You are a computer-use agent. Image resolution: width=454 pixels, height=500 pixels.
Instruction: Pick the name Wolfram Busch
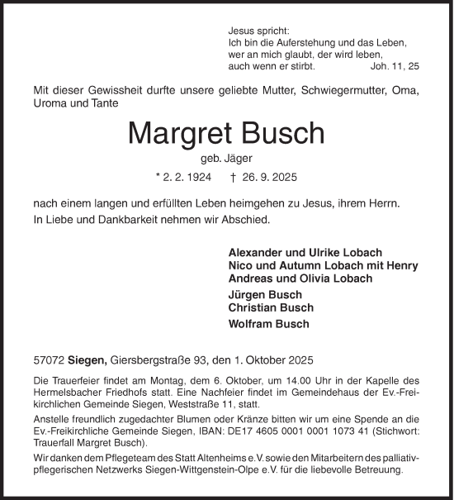(x=268, y=323)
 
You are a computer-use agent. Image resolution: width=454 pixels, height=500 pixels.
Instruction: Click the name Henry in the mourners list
(x=402, y=265)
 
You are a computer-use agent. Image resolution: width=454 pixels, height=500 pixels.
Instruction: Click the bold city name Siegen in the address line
(x=90, y=360)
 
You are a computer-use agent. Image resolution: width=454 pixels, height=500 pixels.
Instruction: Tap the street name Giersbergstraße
(x=149, y=360)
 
